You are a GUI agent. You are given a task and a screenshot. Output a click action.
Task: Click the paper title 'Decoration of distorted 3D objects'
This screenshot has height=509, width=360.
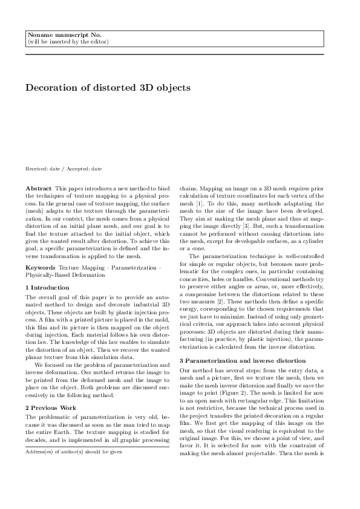108,88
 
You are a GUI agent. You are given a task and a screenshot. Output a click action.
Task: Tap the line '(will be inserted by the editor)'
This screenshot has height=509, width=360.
68,42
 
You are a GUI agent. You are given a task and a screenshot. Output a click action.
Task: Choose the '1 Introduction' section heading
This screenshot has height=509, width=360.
47,287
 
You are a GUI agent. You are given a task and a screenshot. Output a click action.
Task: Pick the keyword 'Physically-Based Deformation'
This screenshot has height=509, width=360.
65,274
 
